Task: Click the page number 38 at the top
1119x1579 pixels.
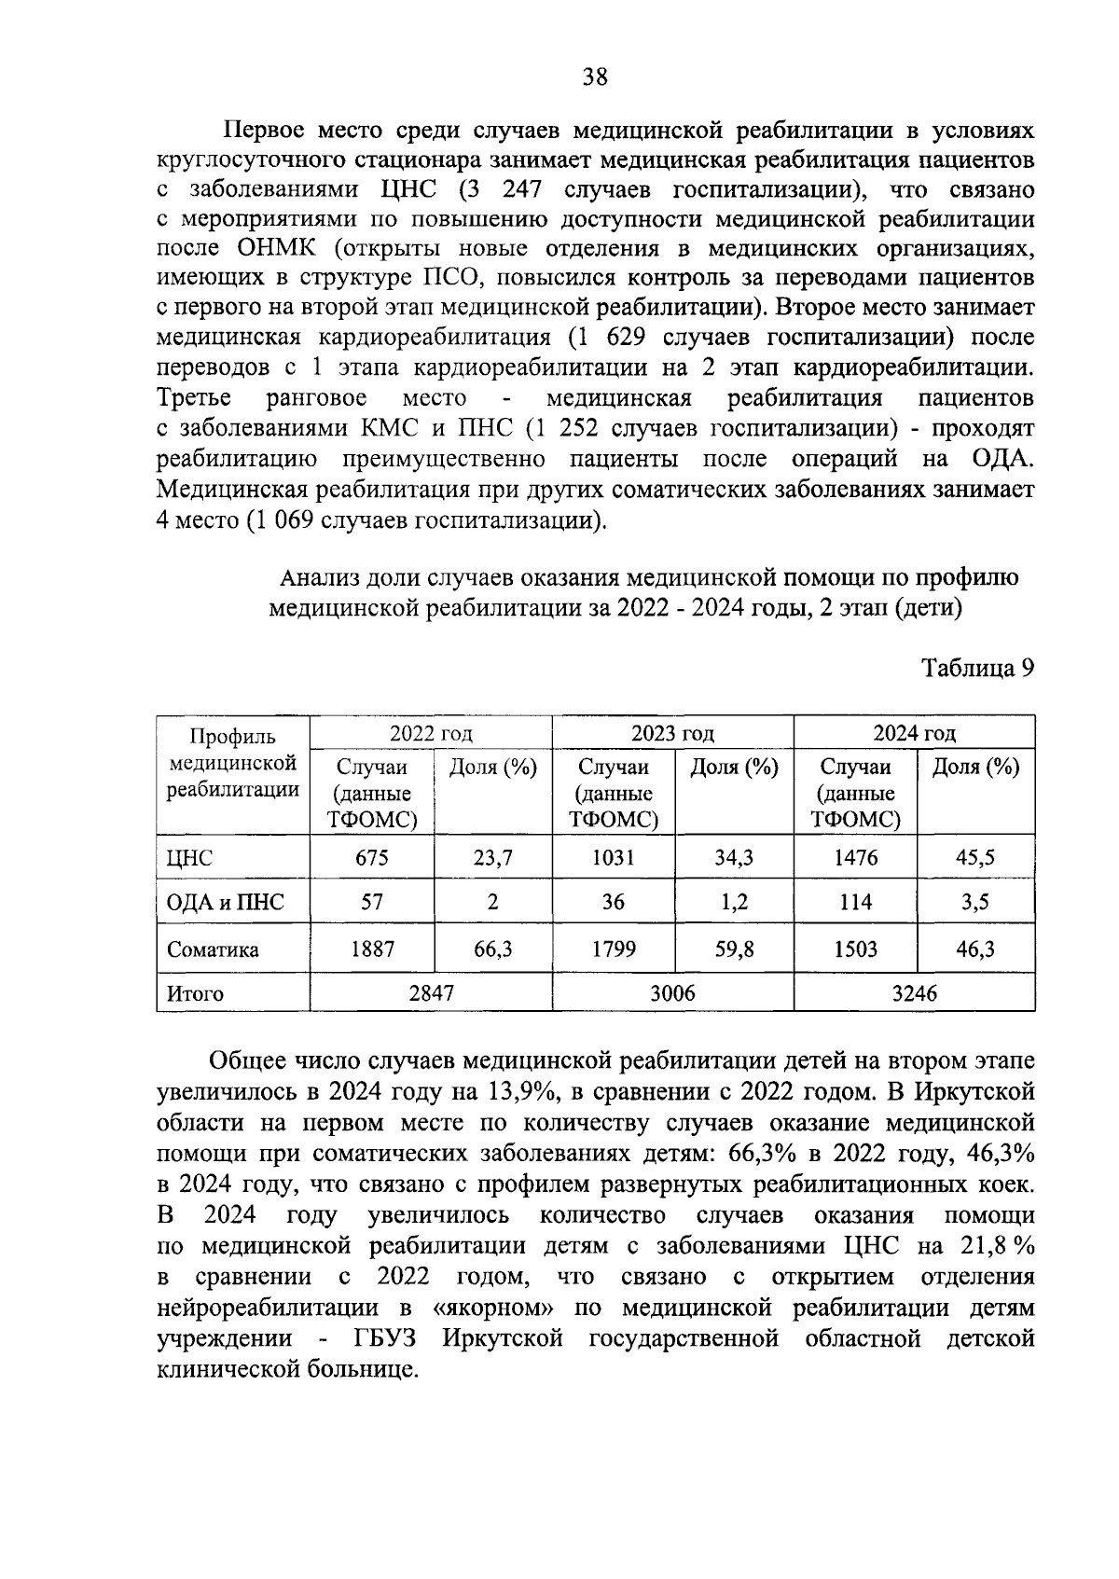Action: tap(595, 77)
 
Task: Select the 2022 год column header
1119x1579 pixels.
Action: tap(430, 732)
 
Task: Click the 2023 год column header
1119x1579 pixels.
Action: tap(672, 732)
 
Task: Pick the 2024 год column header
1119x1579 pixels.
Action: tap(914, 732)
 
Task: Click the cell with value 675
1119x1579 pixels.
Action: tap(372, 857)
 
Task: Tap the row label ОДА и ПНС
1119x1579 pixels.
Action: tap(225, 902)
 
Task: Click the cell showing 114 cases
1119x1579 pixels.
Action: tap(855, 902)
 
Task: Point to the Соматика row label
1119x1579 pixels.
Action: tap(213, 949)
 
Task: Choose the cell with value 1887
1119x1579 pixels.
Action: tap(372, 949)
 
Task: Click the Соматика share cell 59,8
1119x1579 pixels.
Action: tap(734, 949)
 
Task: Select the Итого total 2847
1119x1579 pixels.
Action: tap(431, 993)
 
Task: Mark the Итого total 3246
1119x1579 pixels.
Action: tap(914, 993)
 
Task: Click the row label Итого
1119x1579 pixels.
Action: tap(195, 993)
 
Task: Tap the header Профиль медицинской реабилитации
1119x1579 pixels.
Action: tap(233, 764)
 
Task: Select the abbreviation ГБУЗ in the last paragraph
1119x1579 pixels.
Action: tap(385, 1338)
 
